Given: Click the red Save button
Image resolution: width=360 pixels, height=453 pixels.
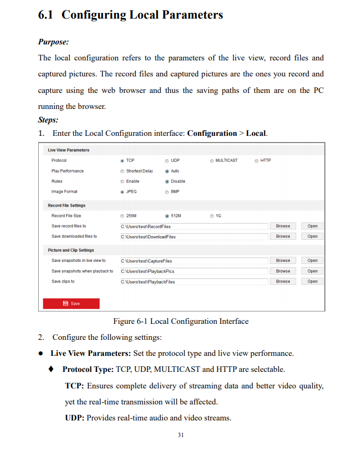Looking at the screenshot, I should tap(71, 304).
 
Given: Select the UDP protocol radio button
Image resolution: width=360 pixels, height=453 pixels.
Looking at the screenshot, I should tap(167, 161).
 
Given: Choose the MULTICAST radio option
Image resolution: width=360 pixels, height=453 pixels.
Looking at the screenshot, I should tap(212, 161).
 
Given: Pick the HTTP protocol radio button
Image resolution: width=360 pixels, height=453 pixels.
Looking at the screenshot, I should tap(257, 161).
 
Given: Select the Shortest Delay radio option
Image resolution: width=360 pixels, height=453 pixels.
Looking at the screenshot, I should tap(122, 171).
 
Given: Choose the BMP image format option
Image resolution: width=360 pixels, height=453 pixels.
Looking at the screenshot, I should tap(167, 192).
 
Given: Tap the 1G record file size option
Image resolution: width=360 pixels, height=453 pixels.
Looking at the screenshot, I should tap(212, 216).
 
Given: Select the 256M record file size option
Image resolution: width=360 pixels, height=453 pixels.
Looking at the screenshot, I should tap(122, 216).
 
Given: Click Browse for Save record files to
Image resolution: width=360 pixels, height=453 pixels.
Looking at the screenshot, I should tap(283, 226).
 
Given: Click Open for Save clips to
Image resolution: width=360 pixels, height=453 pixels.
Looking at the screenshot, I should tap(312, 282).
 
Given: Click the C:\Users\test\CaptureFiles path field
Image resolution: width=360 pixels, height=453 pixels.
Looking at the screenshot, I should tap(194, 261).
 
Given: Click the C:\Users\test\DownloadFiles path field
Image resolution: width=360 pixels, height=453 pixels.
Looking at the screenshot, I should tap(194, 237).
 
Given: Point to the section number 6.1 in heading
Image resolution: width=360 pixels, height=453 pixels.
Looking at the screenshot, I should tap(46, 15).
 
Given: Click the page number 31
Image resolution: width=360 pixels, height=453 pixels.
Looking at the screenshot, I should tap(180, 435).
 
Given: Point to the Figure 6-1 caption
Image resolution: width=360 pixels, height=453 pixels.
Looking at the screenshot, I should tap(181, 321).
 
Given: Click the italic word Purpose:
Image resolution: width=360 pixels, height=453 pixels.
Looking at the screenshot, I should tap(53, 42).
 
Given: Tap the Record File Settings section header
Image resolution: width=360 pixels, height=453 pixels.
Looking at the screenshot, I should tap(67, 206).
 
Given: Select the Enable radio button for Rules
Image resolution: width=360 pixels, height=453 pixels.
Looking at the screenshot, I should tap(122, 181).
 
